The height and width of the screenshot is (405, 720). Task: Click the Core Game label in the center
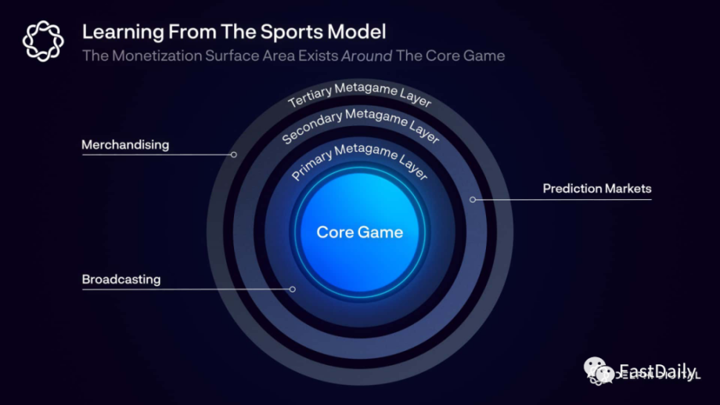pos(360,232)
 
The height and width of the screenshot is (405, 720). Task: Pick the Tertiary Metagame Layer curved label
pos(359,94)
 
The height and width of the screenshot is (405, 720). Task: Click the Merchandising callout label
pos(125,145)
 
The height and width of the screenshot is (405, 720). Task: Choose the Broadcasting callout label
pos(121,280)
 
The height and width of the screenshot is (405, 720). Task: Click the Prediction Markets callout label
pos(597,189)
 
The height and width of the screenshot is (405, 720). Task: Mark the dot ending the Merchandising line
pos(234,155)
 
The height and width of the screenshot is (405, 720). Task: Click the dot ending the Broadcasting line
pos(293,289)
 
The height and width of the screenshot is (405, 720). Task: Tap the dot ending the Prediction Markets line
pos(473,200)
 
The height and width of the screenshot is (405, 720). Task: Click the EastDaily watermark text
pos(657,371)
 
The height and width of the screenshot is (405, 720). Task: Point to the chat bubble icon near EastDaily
pos(599,370)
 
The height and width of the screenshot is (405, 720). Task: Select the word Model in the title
pos(360,32)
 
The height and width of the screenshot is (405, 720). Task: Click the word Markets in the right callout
pos(627,189)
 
